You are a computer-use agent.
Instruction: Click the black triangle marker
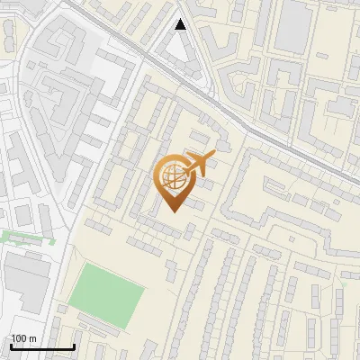coord(181,24)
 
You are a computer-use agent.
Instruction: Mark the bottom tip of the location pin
coord(173,211)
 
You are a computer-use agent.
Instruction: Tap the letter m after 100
coord(32,338)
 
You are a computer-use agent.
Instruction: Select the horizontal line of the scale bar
coord(42,347)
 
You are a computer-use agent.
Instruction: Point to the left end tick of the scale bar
coord(11,346)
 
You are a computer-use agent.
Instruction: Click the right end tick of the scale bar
coord(74,346)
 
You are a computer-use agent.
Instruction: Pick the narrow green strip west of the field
coord(22,238)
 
